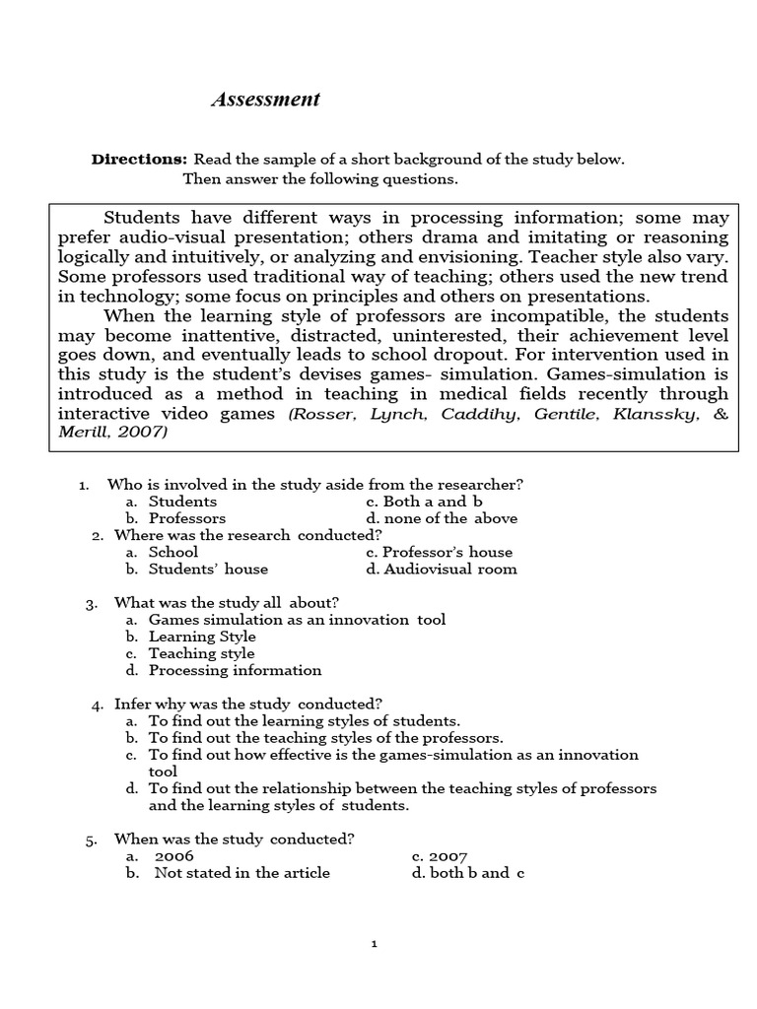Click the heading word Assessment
tap(265, 100)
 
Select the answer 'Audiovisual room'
tap(449, 569)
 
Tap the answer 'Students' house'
tap(208, 569)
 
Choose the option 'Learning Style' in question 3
tap(202, 637)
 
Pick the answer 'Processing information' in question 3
tap(235, 670)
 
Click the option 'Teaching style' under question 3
tap(201, 653)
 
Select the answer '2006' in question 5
tap(174, 856)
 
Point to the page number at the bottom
tap(375, 943)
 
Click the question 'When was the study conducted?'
tap(235, 839)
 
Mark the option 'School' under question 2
tap(173, 552)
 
